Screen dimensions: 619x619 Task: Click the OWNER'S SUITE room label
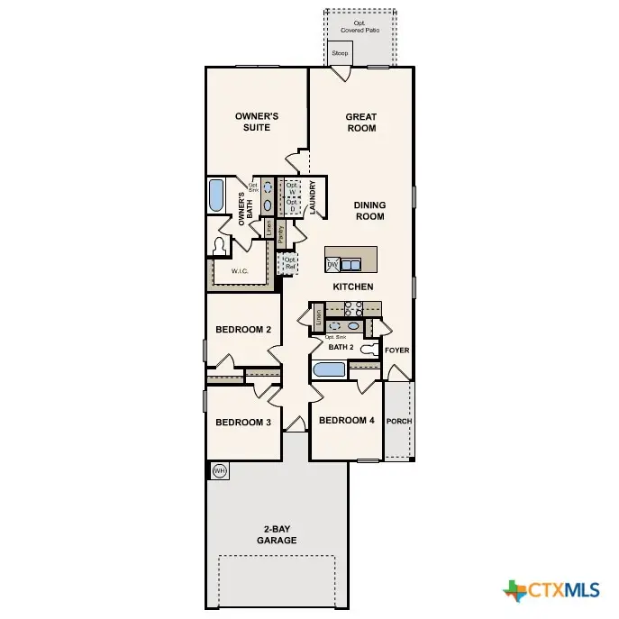(x=257, y=122)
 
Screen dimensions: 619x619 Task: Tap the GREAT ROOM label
(x=360, y=122)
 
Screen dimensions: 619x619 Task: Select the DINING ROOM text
(x=369, y=211)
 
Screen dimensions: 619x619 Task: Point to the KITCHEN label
(x=353, y=287)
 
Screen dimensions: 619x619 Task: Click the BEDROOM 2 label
(x=243, y=330)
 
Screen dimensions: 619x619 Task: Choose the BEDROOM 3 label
(x=243, y=422)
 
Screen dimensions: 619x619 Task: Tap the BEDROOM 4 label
(x=346, y=421)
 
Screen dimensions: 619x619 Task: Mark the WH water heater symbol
(x=219, y=470)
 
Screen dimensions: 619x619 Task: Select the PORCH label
(x=399, y=421)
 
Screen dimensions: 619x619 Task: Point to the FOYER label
(x=396, y=350)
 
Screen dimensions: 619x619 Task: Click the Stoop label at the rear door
(x=340, y=54)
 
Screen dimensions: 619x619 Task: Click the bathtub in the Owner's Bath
(x=216, y=196)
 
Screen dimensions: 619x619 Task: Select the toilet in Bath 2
(x=369, y=349)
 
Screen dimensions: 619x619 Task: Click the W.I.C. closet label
(x=240, y=270)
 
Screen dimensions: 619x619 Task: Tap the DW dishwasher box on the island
(x=332, y=265)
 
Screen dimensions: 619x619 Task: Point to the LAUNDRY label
(x=313, y=198)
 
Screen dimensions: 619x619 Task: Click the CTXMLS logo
(x=551, y=590)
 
